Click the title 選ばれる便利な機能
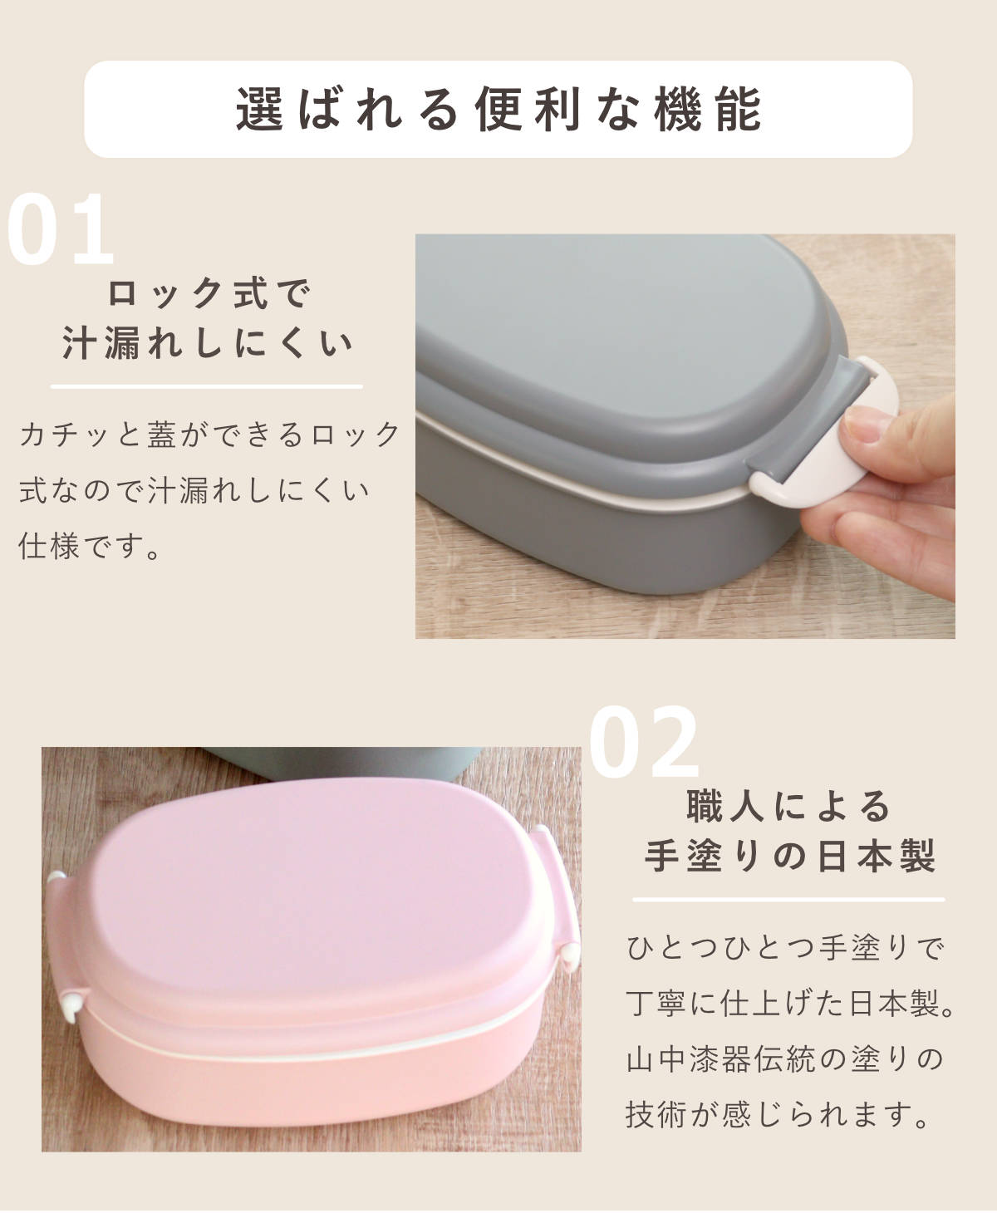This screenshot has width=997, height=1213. [x=498, y=109]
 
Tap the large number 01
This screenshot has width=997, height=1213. [x=60, y=230]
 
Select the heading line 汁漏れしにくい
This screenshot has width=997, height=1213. [x=208, y=344]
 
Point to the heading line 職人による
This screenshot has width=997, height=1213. [x=788, y=806]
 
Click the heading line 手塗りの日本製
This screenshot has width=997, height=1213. [x=788, y=857]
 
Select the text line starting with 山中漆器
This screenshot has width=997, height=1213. [x=785, y=1060]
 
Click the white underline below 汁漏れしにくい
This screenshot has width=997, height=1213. [x=207, y=386]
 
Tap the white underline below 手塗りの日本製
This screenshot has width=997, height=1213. [x=788, y=899]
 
